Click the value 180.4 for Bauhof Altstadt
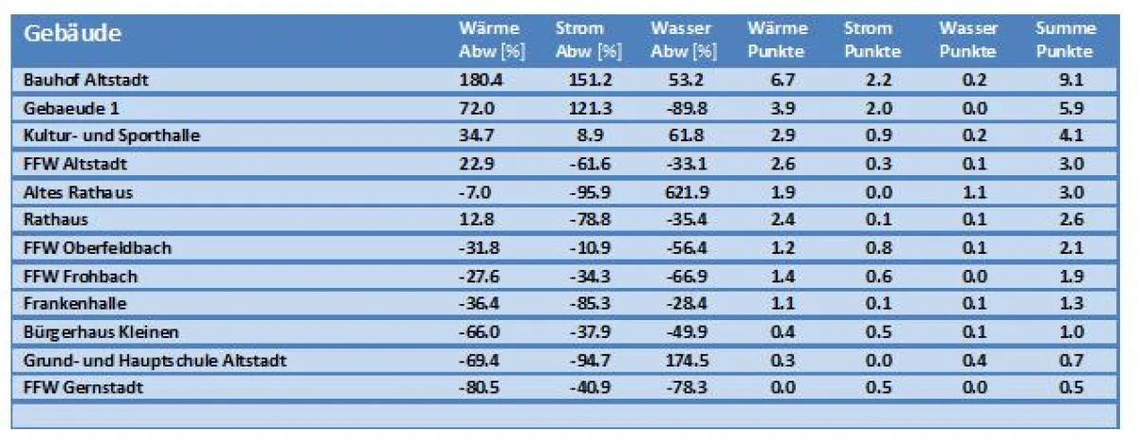(x=481, y=80)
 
